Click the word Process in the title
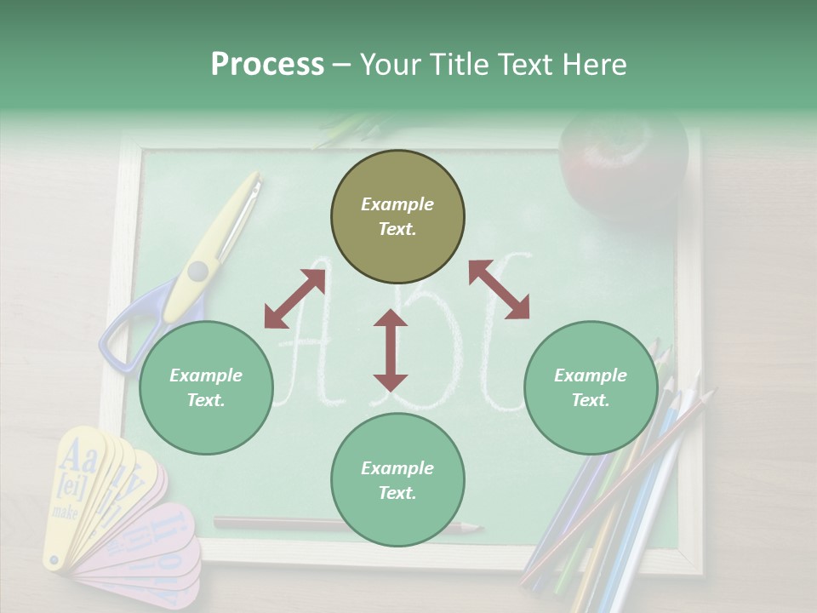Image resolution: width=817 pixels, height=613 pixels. click(267, 65)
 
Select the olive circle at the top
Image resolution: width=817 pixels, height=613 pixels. click(397, 217)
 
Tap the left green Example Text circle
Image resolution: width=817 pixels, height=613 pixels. click(206, 387)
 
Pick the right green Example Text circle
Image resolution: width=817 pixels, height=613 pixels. click(591, 387)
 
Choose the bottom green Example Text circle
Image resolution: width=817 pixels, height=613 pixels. click(397, 480)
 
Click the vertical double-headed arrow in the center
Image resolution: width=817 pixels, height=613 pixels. click(391, 350)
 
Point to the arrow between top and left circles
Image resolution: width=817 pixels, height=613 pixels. click(294, 299)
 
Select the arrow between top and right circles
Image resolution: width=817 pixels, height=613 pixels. click(499, 289)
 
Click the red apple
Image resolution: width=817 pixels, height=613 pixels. click(623, 162)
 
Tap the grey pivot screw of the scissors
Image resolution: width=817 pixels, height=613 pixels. click(197, 271)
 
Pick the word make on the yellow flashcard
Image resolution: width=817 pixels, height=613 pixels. click(65, 512)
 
